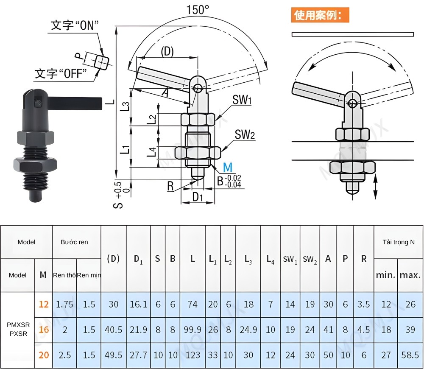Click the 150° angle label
pos(198,10)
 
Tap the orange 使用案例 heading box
pos(320,16)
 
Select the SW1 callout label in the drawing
pos(242,101)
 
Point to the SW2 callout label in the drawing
pos(245,134)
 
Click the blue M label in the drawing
pos(228,168)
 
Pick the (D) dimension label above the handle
pos(167,52)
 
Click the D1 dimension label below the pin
pos(198,197)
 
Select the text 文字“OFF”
pos(61,74)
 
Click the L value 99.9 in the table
pos(192,330)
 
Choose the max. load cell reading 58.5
pos(410,355)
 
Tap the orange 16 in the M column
pos(44,330)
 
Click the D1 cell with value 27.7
pos(138,355)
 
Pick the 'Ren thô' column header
pos(64,275)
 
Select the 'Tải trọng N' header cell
pos(398,242)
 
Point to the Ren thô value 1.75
pos(64,304)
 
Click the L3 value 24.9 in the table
pos(248,330)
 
